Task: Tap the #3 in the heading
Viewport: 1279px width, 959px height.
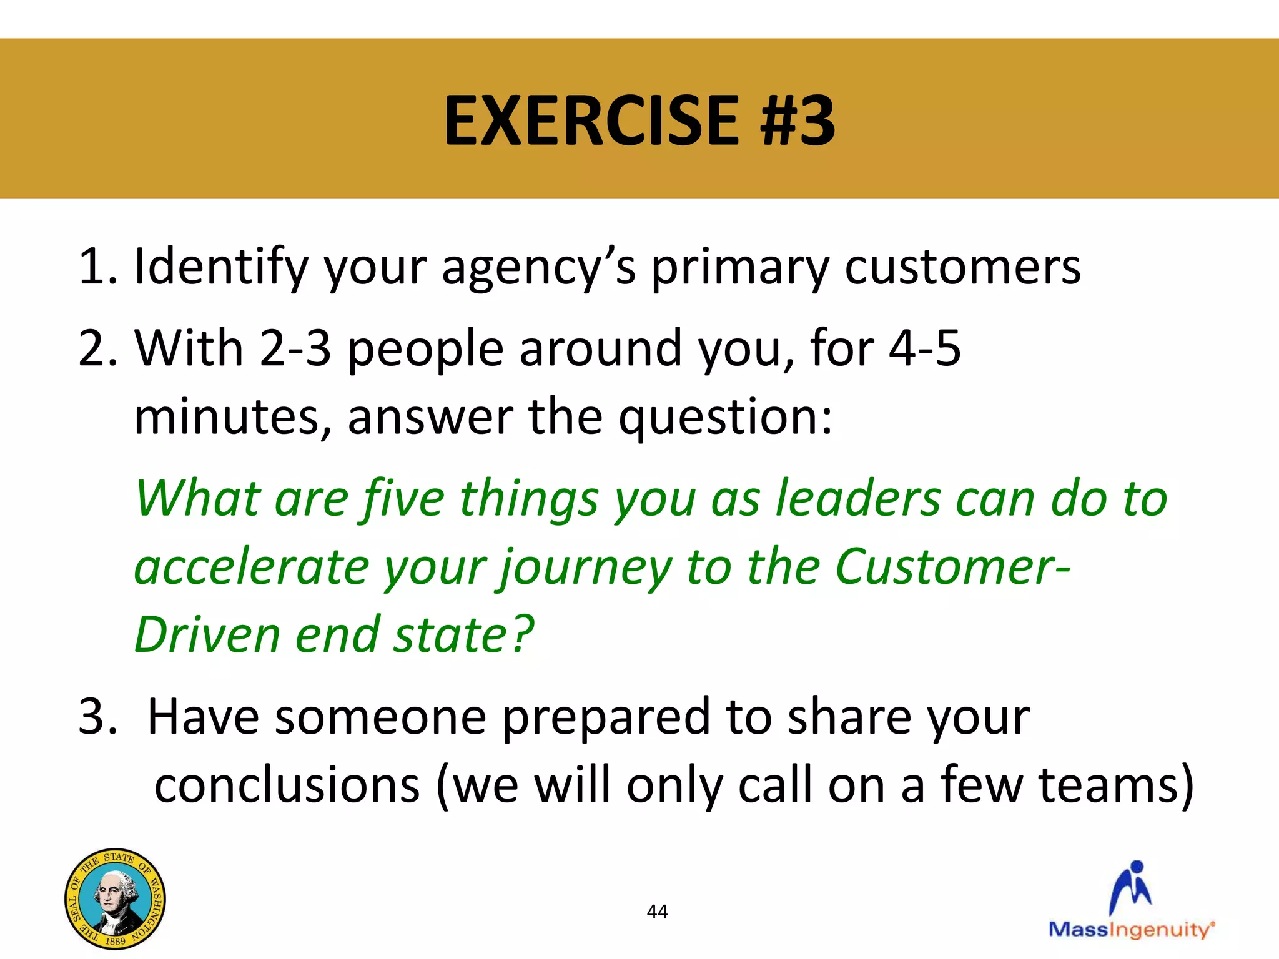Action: point(798,120)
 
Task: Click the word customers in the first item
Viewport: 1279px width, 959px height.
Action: point(962,267)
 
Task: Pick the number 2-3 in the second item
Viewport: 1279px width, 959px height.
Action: point(295,348)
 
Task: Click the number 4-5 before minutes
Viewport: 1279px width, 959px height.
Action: point(924,348)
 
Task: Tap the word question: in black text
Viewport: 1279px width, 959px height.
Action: point(725,417)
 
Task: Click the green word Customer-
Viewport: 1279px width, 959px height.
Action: point(952,566)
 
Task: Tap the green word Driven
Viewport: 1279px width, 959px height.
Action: point(207,634)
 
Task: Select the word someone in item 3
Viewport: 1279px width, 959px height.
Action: point(380,717)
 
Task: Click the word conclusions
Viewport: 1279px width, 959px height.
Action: point(287,785)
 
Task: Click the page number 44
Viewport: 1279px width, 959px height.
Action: point(657,912)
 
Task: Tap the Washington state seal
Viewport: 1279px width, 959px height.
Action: point(115,898)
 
